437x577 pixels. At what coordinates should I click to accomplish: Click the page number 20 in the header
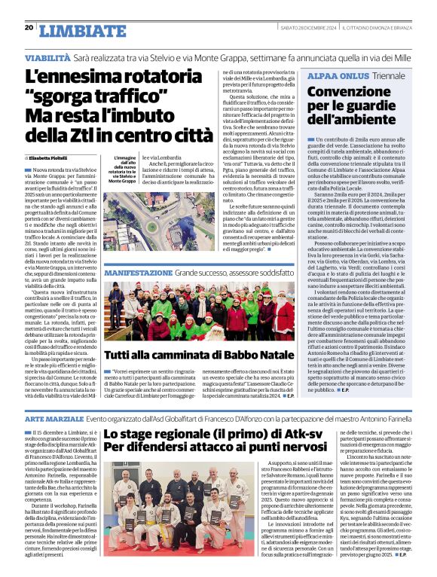(x=29, y=28)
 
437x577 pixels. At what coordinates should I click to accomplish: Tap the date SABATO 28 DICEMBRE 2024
(x=299, y=28)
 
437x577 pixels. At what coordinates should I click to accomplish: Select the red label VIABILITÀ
(x=48, y=57)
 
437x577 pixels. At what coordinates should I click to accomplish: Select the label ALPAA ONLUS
(x=336, y=76)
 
